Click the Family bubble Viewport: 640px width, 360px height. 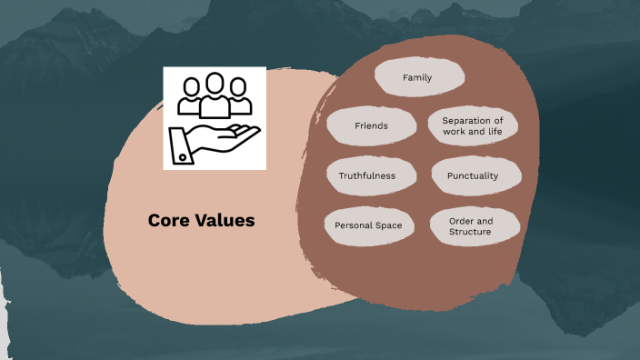click(x=417, y=78)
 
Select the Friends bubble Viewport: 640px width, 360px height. click(x=370, y=125)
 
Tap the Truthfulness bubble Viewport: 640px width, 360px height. click(x=367, y=175)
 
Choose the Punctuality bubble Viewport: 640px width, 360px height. click(x=473, y=175)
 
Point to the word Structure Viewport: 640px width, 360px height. click(x=470, y=233)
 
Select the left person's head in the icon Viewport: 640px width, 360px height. click(x=190, y=86)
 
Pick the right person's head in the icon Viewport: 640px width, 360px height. click(x=239, y=86)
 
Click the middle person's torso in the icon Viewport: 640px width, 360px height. click(x=215, y=107)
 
